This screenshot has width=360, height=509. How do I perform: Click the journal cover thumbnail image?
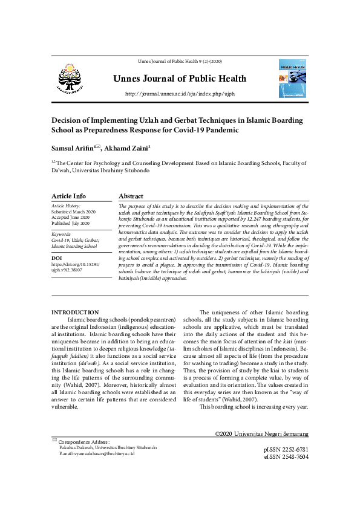(x=293, y=79)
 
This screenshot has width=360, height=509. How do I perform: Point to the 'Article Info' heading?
(x=68, y=196)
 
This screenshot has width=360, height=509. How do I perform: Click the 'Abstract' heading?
(x=131, y=196)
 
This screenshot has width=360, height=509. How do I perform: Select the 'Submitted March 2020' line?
(x=74, y=212)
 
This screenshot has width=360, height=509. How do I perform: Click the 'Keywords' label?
(x=62, y=233)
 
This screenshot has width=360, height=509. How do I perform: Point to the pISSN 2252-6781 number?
(x=286, y=450)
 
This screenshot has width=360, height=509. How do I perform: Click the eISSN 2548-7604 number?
(x=286, y=457)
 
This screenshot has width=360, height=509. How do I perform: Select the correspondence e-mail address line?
(x=96, y=454)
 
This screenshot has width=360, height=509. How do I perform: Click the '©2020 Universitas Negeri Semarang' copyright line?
(x=261, y=434)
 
